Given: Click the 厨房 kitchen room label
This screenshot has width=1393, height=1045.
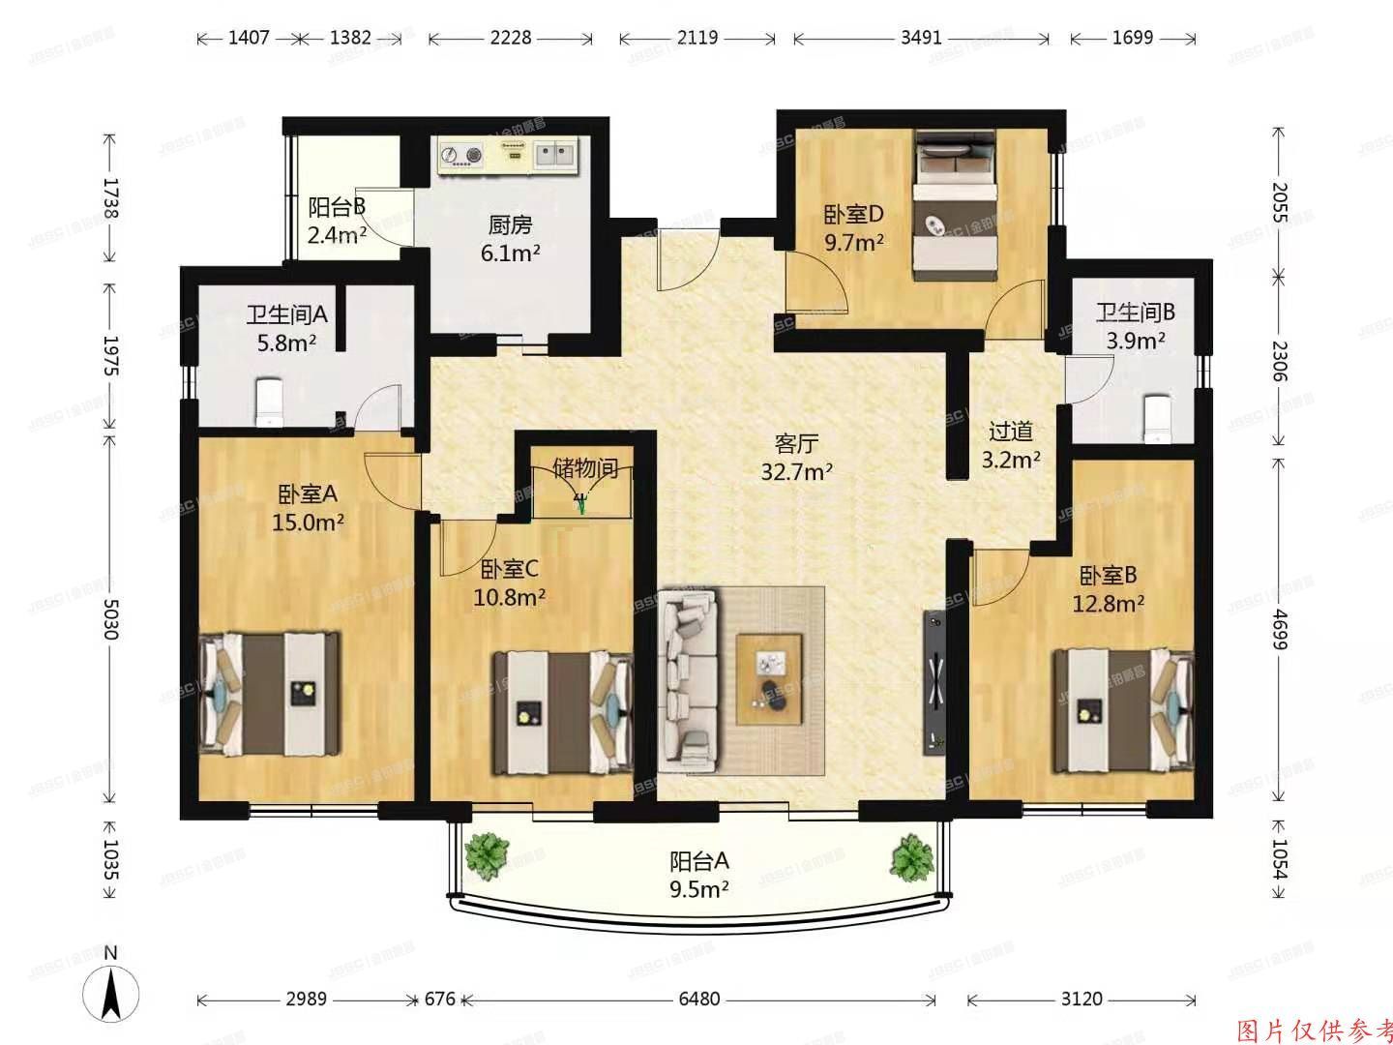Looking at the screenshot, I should click(510, 226).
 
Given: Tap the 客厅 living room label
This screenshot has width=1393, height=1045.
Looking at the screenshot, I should click(797, 444).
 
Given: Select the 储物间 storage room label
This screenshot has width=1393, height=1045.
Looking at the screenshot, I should click(585, 468).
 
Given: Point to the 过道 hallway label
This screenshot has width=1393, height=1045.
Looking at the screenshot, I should click(1011, 432).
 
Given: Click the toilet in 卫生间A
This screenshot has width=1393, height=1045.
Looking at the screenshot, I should click(267, 403).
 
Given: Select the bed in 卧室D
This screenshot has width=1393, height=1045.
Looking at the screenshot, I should click(956, 205).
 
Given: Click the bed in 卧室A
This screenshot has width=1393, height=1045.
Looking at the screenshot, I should click(272, 694).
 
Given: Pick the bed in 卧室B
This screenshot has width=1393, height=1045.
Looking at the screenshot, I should click(1123, 709).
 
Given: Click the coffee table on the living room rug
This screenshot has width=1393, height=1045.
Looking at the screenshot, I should click(770, 678).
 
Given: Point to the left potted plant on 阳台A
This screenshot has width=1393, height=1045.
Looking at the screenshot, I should click(487, 855).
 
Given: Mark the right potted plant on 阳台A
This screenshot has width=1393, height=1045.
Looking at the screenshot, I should click(910, 855).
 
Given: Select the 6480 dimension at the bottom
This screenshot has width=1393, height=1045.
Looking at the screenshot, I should click(698, 999).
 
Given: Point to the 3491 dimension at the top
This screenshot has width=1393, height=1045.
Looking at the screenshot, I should click(920, 38).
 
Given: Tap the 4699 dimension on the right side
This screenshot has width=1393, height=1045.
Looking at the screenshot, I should click(1280, 631).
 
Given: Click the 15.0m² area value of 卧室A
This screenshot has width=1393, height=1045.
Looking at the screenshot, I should click(308, 522).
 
